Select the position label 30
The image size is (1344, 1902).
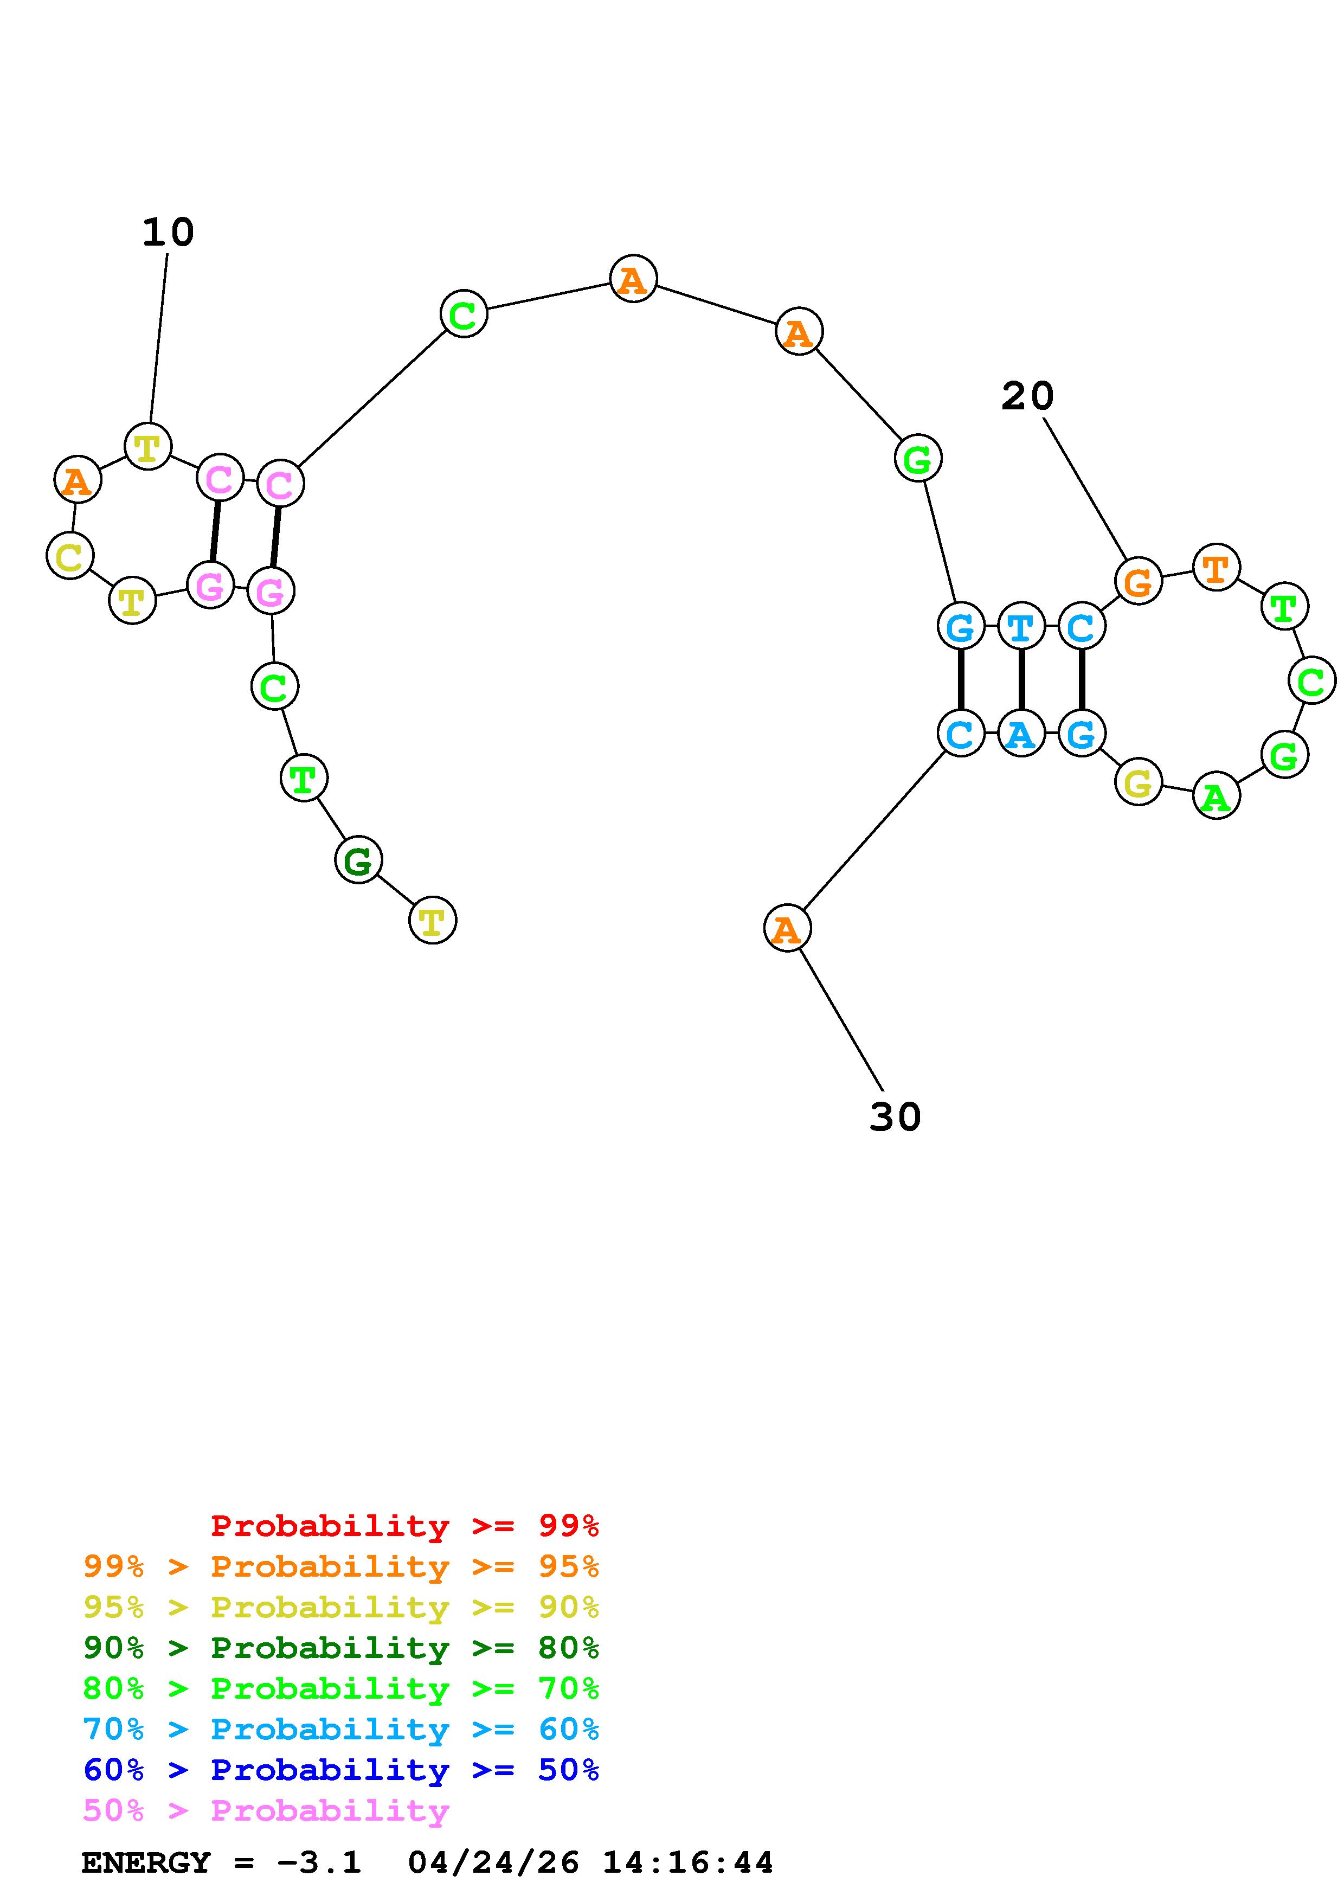pos(895,1117)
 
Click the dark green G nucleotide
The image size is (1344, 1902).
pos(358,860)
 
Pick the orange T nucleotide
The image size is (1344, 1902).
pos(1216,568)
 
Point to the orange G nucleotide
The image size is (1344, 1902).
pos(1138,582)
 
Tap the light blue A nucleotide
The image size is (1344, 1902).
pos(1021,734)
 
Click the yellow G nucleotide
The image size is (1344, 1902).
pos(1138,782)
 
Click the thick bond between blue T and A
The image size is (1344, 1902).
pos(1021,680)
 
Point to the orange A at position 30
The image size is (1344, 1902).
pos(787,929)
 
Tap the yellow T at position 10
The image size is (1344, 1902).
pos(147,447)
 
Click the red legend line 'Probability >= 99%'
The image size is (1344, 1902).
pos(404,1526)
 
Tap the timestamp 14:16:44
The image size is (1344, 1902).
pos(687,1863)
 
